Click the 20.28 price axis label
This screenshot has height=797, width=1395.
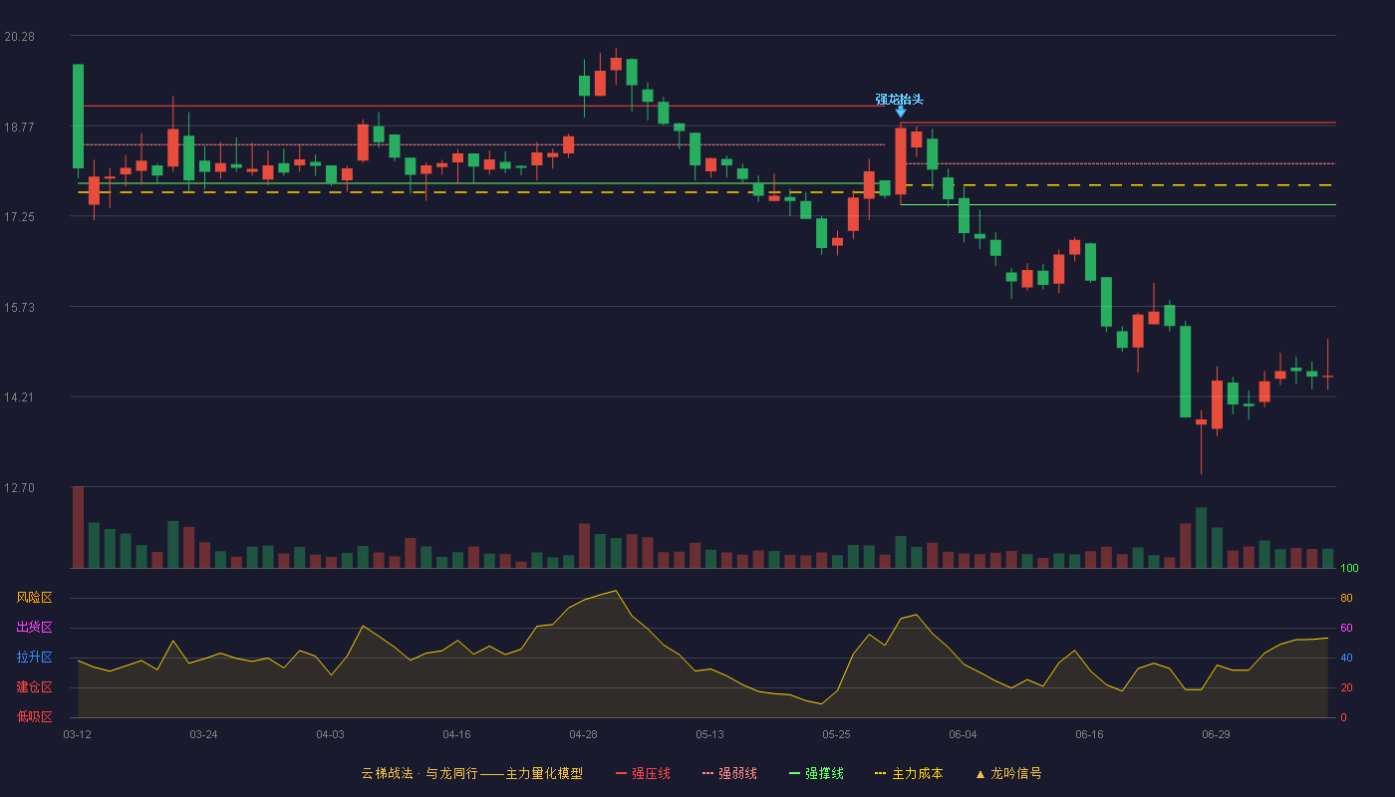[x=19, y=37]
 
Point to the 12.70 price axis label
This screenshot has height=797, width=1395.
[x=19, y=487]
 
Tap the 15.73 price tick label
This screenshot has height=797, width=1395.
[x=19, y=308]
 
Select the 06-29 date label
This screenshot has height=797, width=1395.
[x=1216, y=735]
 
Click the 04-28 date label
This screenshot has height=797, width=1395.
[x=583, y=735]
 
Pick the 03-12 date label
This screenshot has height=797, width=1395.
[x=78, y=735]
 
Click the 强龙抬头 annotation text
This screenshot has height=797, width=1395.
[x=899, y=99]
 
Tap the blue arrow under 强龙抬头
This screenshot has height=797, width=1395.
[x=901, y=112]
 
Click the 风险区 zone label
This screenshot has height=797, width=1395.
[x=34, y=597]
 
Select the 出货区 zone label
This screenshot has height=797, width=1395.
[x=34, y=627]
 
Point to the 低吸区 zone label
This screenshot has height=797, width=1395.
[x=34, y=716]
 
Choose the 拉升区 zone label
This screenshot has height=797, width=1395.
[x=34, y=657]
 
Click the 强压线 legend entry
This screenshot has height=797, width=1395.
[x=643, y=773]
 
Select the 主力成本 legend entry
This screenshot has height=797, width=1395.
[x=909, y=773]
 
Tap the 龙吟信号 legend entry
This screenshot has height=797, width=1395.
[x=1008, y=773]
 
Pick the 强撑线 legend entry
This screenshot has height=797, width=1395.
[x=816, y=773]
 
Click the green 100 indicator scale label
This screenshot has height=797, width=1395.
[x=1349, y=568]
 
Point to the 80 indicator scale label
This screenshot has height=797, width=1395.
[x=1346, y=598]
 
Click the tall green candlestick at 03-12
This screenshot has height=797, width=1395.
[x=78, y=117]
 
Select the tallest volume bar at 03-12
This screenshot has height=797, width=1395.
[x=78, y=527]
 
